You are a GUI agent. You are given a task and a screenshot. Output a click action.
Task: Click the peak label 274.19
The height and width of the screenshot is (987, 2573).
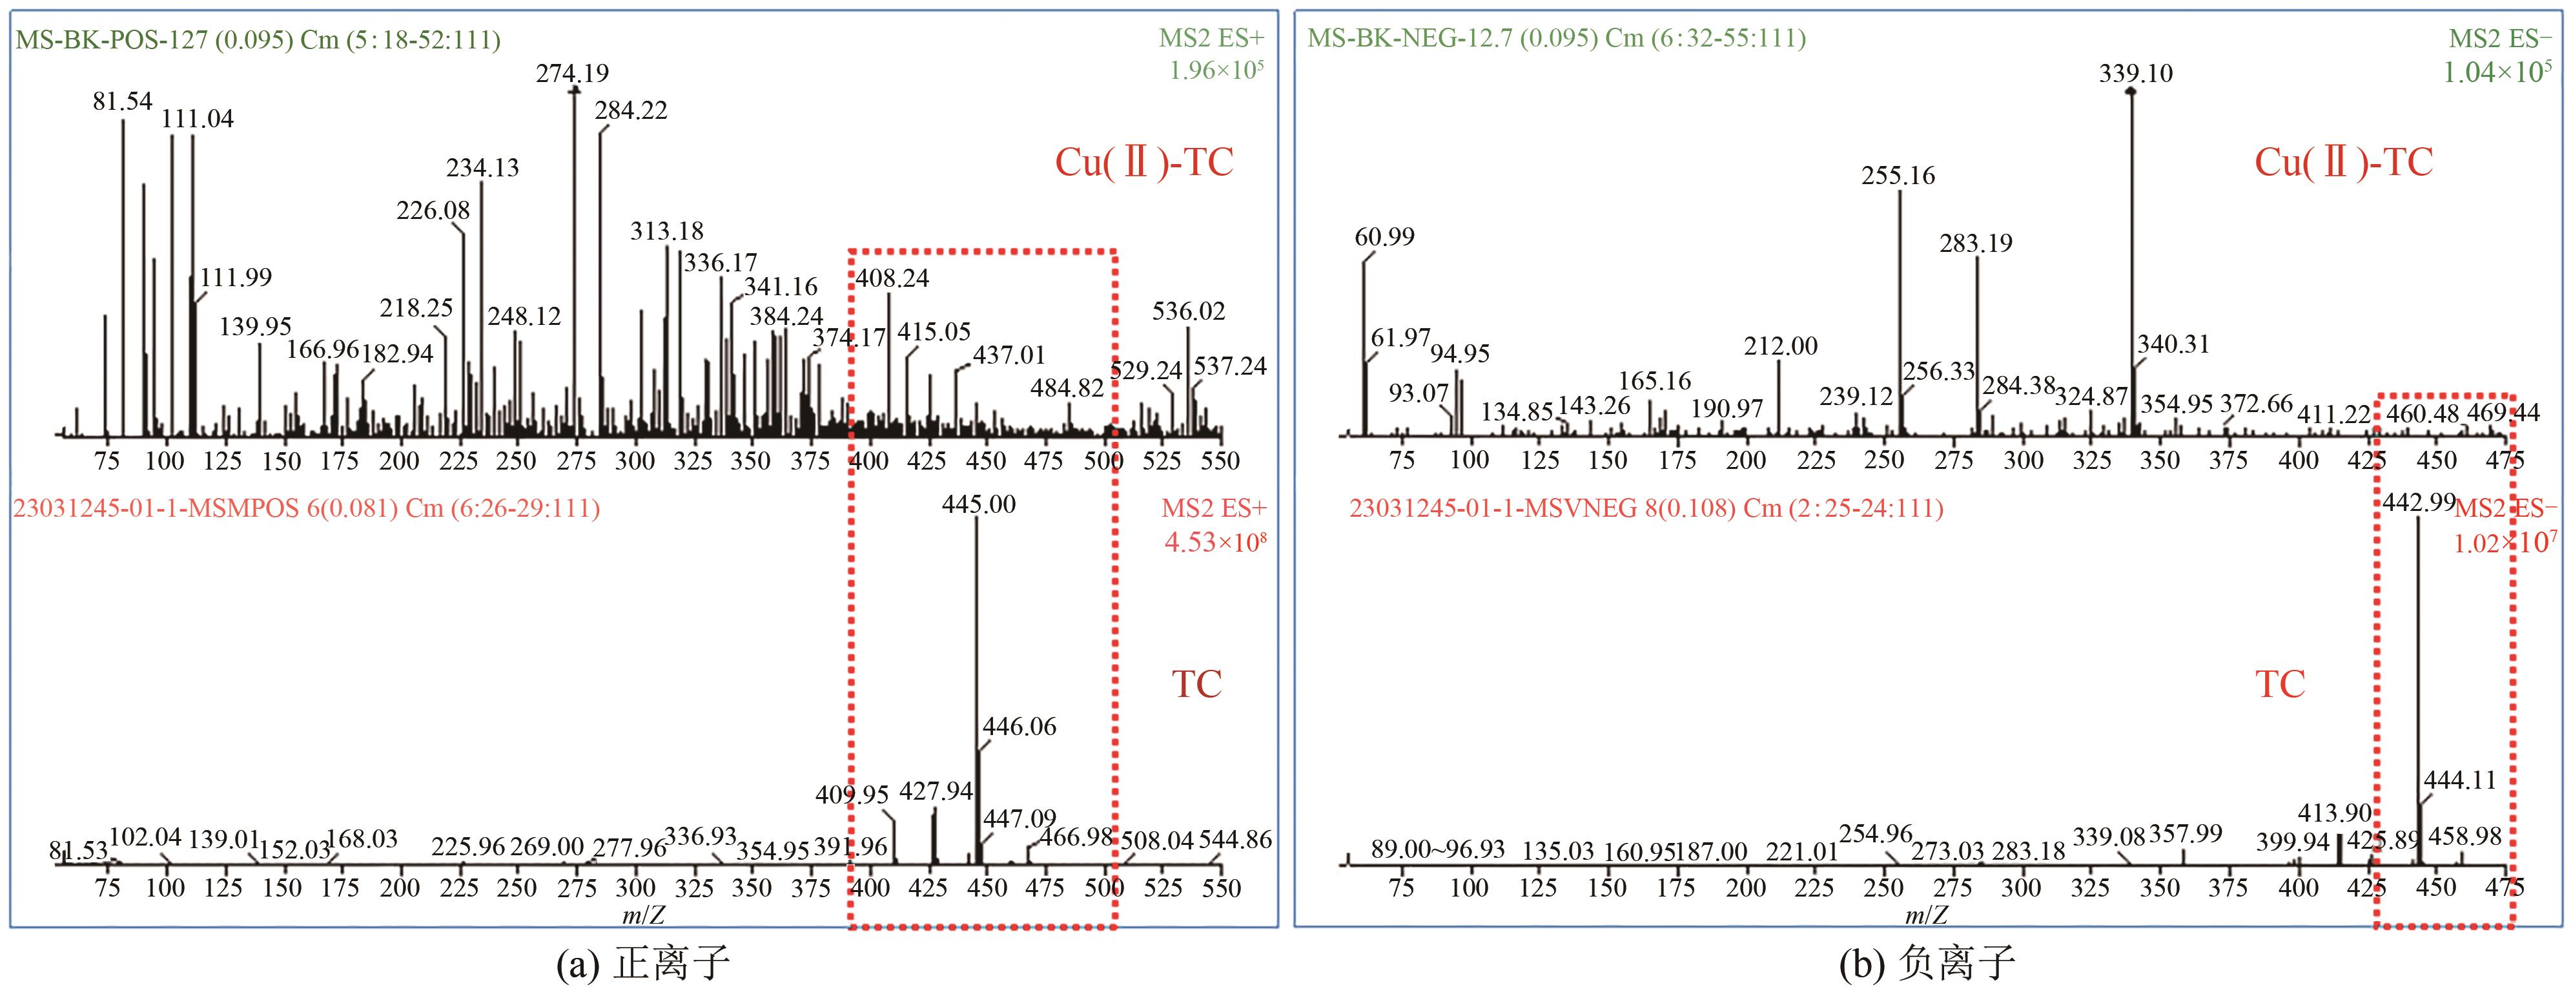pos(571,73)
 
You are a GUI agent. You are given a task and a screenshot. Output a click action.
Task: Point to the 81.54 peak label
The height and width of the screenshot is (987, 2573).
pos(122,101)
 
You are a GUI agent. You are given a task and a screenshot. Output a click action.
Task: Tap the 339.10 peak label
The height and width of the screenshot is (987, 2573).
pos(2135,73)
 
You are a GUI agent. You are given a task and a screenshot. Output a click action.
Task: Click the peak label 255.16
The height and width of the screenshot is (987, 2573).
pos(1898,176)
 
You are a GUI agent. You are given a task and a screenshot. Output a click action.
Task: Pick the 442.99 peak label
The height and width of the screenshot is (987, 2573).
pos(2418,503)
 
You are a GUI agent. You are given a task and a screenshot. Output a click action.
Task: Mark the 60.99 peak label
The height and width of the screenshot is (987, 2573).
pos(1384,237)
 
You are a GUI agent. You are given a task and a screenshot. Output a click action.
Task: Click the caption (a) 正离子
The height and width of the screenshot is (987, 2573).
pos(642,963)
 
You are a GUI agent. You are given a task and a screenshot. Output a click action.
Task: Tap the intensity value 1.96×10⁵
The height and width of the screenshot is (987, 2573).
pos(1216,71)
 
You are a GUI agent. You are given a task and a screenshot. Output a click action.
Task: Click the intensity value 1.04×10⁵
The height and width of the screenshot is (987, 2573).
pos(2497,72)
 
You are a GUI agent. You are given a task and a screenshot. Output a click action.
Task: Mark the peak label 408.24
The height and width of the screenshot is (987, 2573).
pos(892,278)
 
